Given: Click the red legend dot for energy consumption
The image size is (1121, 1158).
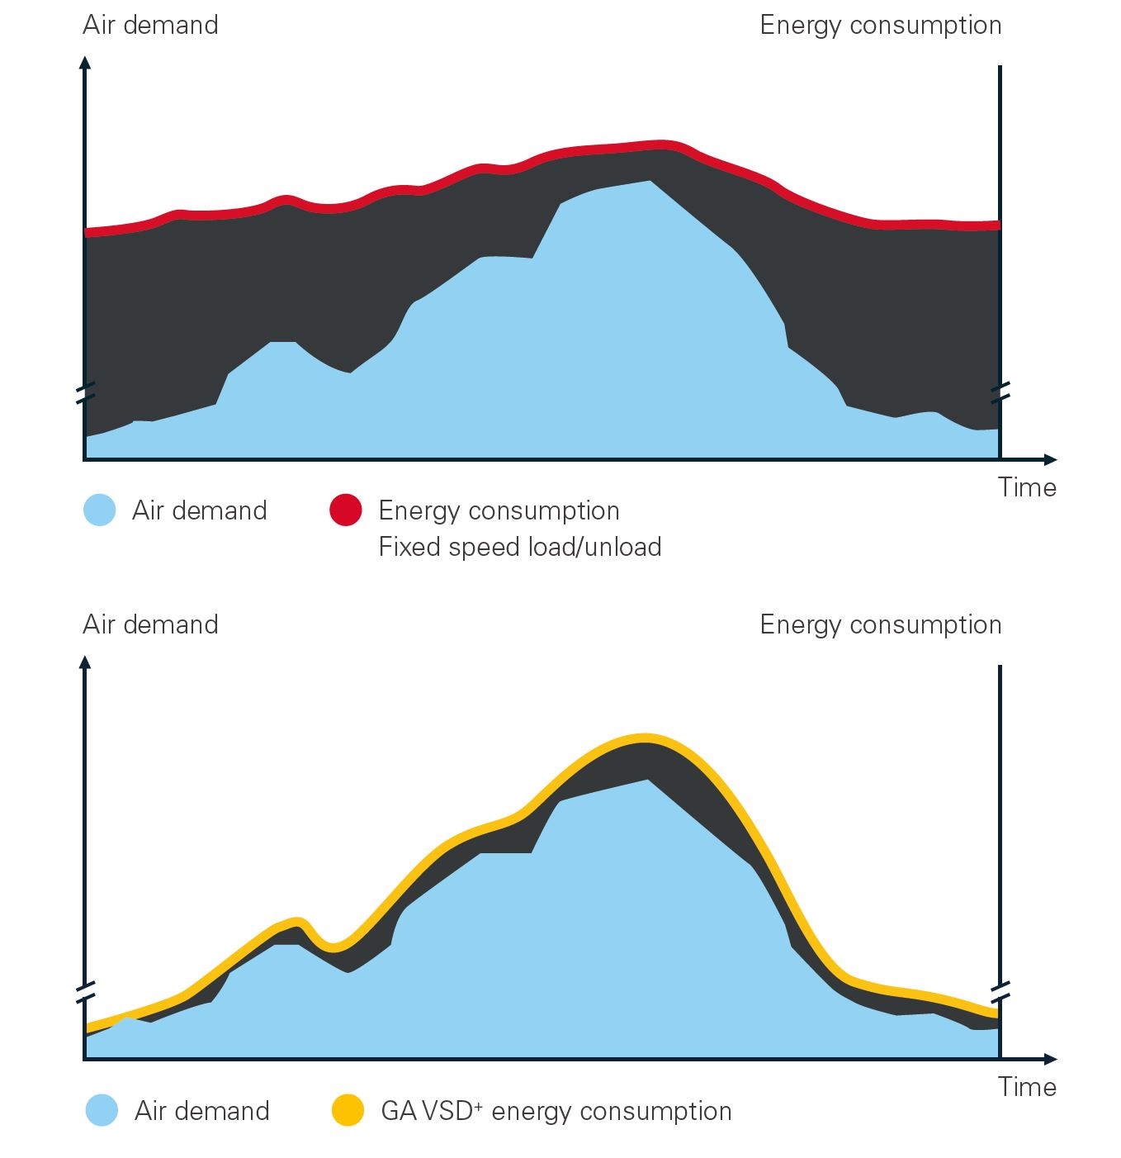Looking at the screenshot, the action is click(346, 510).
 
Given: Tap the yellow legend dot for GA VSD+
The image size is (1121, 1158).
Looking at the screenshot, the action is click(348, 1110).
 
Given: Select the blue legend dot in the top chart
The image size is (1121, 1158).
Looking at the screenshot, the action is click(99, 510).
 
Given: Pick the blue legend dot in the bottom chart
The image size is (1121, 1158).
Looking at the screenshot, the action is click(102, 1110).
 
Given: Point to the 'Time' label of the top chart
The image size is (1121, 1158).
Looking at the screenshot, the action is click(1027, 487).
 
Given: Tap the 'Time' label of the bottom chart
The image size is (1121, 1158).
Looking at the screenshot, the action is click(1027, 1087).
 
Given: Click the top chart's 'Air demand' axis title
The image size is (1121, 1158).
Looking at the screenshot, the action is click(150, 25).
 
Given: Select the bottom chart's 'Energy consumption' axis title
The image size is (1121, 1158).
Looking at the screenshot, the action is click(881, 625).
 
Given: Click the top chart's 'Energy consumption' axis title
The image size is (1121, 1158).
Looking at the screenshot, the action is click(881, 26).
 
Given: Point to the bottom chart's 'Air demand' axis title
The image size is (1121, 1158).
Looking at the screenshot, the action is click(150, 624).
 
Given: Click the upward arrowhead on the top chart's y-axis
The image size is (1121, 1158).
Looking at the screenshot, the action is click(85, 62).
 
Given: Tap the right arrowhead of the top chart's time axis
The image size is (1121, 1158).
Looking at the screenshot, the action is click(1050, 459).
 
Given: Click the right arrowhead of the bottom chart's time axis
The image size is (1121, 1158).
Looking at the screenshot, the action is click(1050, 1059).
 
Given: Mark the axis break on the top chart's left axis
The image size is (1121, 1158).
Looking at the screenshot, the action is click(86, 393).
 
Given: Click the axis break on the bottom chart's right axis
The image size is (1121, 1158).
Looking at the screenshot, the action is click(1000, 993).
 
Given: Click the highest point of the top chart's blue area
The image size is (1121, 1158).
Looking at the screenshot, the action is click(650, 181).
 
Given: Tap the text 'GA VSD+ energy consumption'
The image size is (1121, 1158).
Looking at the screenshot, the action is click(556, 1111).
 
